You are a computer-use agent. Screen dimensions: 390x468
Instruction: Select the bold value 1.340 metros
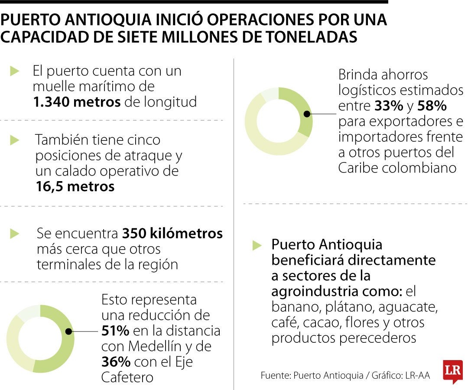click(76, 102)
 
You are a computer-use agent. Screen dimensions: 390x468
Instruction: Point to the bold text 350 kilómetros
click(172, 234)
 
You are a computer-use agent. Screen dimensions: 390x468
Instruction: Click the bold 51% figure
click(115, 331)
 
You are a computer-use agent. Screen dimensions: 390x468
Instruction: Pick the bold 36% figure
click(115, 361)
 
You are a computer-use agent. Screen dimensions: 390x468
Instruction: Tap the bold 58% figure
click(432, 106)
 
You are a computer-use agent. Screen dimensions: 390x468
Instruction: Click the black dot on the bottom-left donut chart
click(68, 331)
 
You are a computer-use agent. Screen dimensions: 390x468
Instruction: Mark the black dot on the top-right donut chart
click(307, 114)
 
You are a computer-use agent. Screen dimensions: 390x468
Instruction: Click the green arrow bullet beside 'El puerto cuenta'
click(15, 71)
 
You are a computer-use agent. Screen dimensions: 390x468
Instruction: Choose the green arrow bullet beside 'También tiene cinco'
click(15, 140)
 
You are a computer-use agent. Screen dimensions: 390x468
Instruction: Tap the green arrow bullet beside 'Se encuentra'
click(15, 234)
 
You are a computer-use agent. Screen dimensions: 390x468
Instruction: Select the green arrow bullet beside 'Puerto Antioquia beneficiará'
click(257, 245)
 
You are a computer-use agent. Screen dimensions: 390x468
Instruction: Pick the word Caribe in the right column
click(358, 168)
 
